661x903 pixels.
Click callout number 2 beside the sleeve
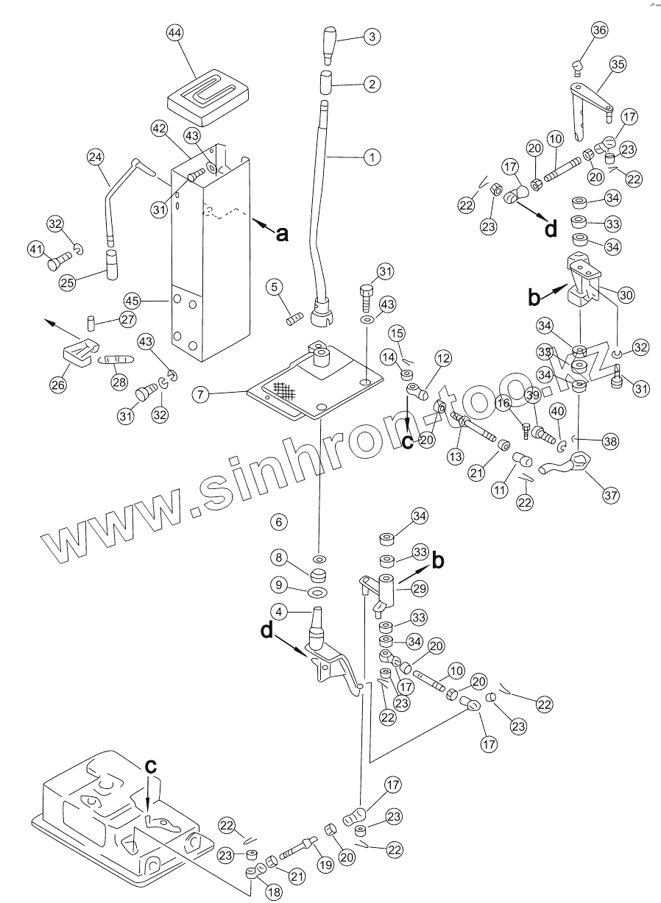(x=372, y=84)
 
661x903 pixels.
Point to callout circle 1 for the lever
(x=372, y=157)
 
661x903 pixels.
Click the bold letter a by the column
(x=280, y=235)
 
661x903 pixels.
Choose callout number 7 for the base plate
(x=199, y=394)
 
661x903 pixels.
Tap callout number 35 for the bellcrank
(x=617, y=65)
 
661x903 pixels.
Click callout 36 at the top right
(x=598, y=30)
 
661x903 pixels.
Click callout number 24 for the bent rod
(x=96, y=157)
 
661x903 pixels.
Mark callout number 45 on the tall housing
(x=132, y=301)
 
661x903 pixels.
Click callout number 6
(x=278, y=522)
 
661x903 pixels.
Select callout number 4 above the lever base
(x=278, y=611)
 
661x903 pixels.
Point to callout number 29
(x=419, y=589)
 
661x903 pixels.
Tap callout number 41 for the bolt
(x=37, y=249)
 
